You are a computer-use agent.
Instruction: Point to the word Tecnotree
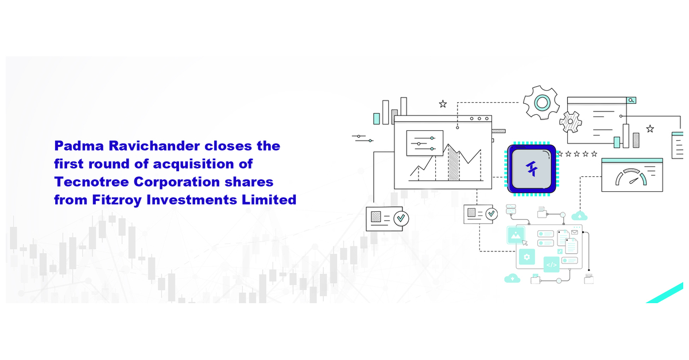click(x=92, y=182)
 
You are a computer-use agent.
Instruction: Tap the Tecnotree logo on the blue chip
click(x=532, y=168)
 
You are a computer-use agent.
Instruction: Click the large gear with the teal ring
click(x=541, y=102)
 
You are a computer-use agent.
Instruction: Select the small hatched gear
click(x=571, y=122)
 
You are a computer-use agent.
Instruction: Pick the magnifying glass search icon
click(x=631, y=100)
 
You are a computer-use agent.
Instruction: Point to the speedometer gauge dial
click(x=631, y=177)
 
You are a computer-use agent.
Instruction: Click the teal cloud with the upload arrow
click(x=579, y=216)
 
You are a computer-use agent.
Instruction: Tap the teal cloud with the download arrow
click(x=512, y=278)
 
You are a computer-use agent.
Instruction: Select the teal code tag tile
click(x=552, y=265)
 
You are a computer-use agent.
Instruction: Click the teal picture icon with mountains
click(x=516, y=235)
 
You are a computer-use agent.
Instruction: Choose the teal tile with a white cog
click(x=527, y=257)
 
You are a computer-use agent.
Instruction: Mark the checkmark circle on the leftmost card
click(x=401, y=218)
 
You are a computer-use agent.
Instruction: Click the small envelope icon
click(x=575, y=233)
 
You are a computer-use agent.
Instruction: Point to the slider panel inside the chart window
click(x=425, y=143)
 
